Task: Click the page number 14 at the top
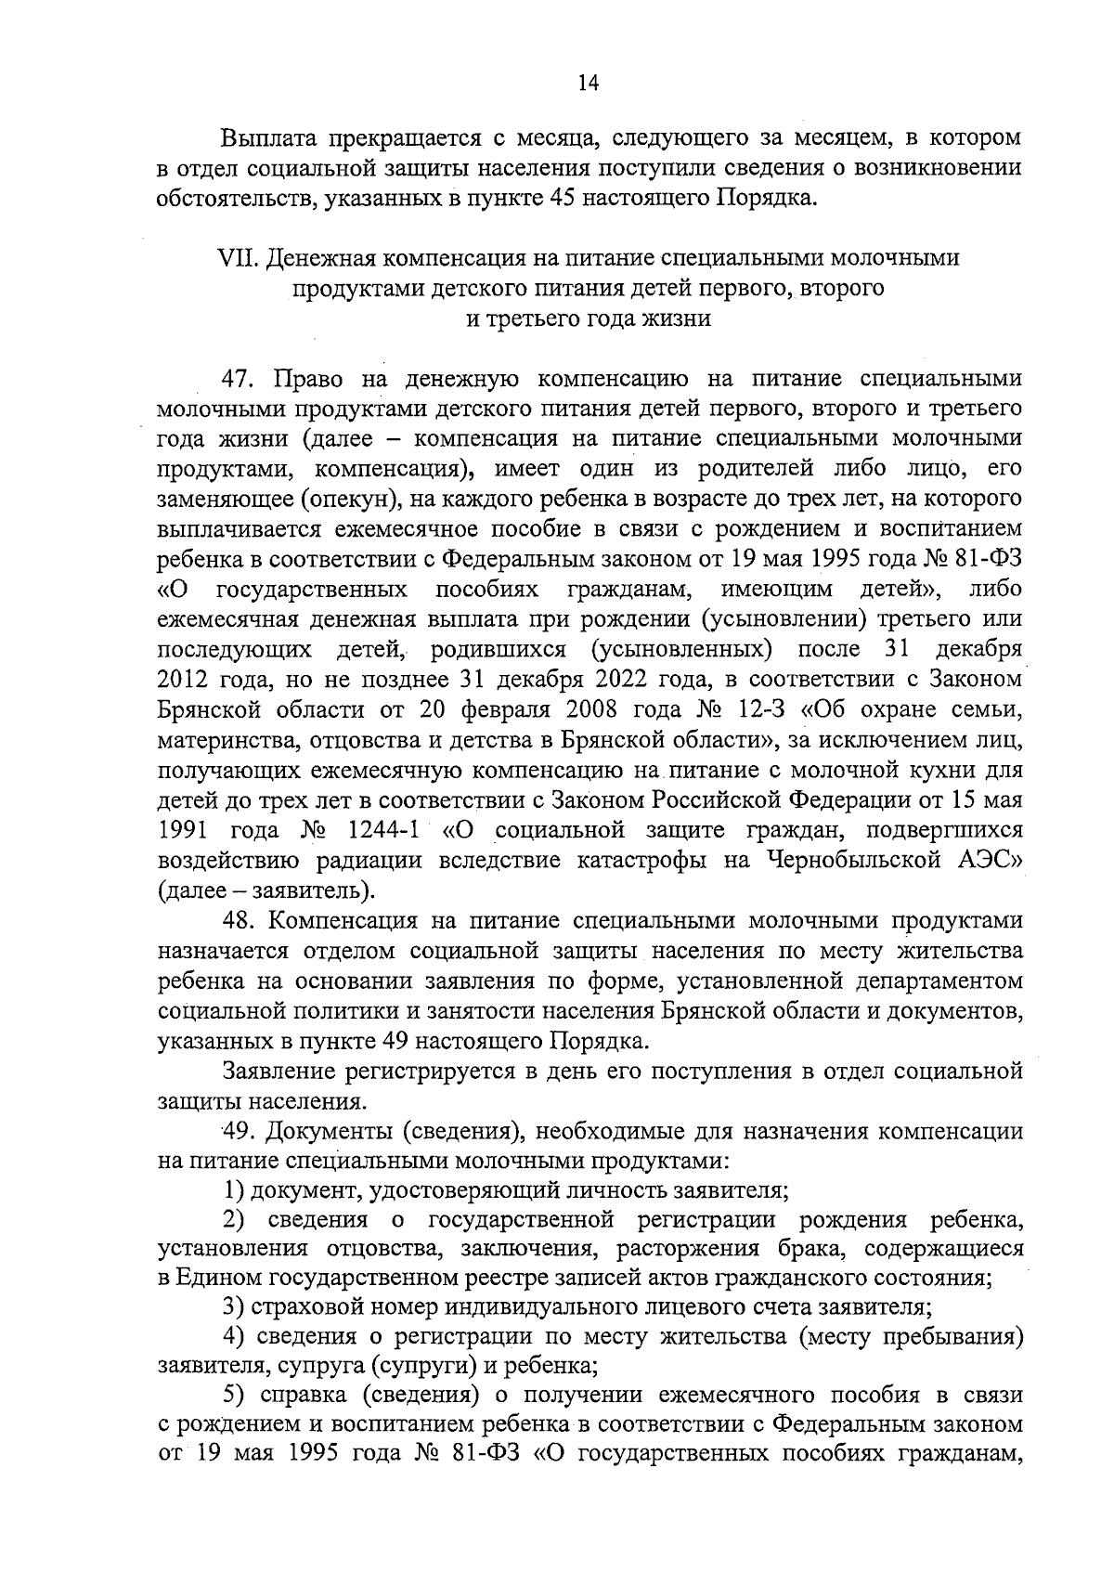(x=589, y=83)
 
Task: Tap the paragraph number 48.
(x=243, y=920)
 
